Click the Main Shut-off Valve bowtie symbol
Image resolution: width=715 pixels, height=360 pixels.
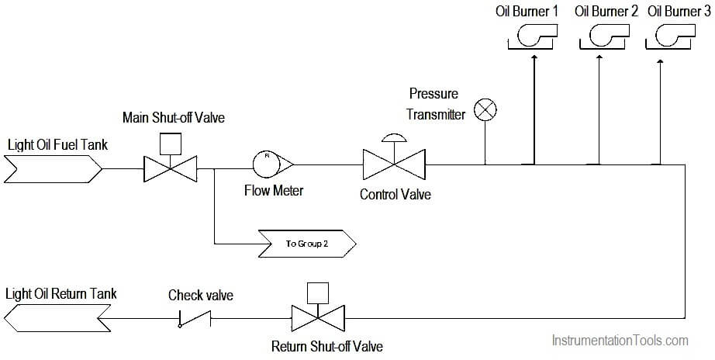coord(171,169)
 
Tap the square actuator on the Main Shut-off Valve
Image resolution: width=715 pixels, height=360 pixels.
coord(171,144)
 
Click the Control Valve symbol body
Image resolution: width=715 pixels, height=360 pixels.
coord(394,164)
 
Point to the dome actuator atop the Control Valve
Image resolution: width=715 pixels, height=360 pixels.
coord(395,138)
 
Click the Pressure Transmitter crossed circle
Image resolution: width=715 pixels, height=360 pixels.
coord(485,110)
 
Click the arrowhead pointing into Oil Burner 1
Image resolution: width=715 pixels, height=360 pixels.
coord(534,57)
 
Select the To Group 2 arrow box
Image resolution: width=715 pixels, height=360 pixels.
coord(307,244)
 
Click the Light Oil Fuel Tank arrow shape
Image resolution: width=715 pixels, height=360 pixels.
coord(53,169)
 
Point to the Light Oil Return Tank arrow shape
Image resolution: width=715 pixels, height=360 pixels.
coord(57,318)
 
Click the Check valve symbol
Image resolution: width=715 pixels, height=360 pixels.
coord(195,318)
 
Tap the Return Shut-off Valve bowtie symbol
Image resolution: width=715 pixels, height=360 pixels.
coord(318,318)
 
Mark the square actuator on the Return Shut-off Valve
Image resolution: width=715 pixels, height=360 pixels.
coord(318,293)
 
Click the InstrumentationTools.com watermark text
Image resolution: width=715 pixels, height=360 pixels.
coord(620,340)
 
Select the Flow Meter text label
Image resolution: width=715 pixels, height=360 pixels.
coord(274,190)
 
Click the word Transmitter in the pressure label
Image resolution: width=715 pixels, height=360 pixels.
coord(436,114)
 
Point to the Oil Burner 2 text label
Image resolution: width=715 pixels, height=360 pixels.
coord(606,11)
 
